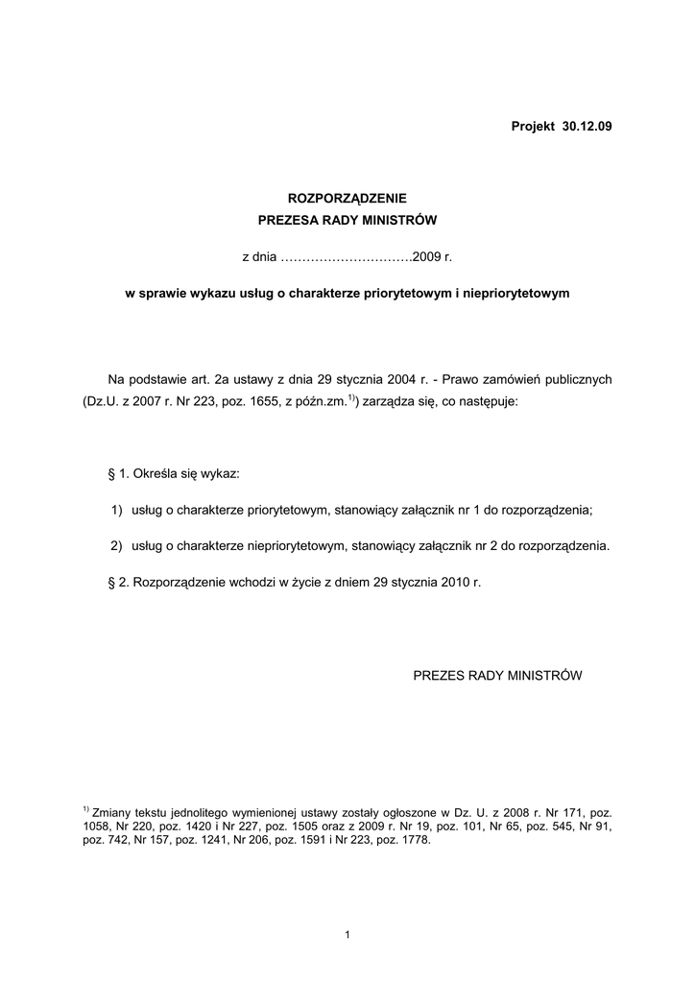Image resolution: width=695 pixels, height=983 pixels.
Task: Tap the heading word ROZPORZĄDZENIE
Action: coord(347,199)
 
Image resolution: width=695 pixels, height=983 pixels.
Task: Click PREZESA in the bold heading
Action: coord(292,221)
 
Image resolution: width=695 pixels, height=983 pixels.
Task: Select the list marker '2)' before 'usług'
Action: coord(117,546)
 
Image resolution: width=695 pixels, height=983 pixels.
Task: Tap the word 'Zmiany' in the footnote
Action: coord(111,812)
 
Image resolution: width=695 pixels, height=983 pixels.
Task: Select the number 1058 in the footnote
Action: coord(99,827)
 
